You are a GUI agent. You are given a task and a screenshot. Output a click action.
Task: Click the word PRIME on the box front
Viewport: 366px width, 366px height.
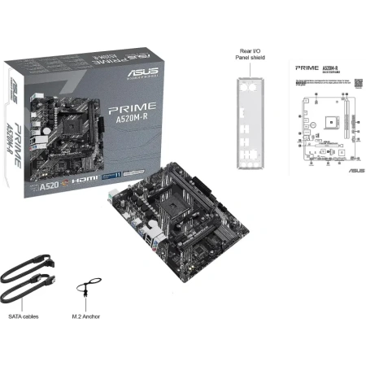click(x=121, y=108)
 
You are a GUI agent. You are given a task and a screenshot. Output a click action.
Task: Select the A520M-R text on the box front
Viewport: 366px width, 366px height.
click(x=124, y=124)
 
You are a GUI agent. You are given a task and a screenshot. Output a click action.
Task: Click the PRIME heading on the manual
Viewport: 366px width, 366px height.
click(x=306, y=70)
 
